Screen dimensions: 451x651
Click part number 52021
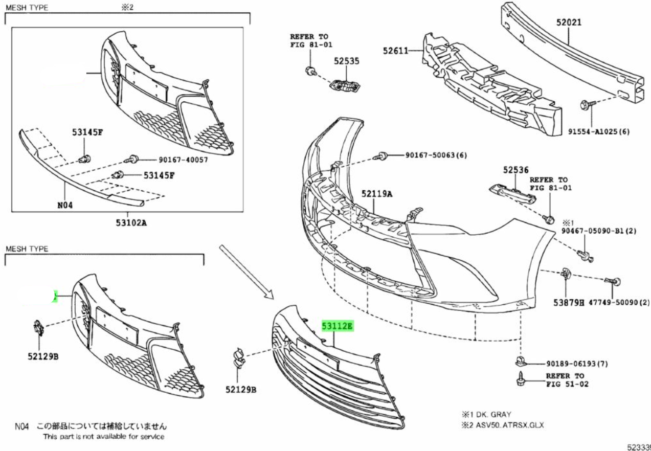[569, 23]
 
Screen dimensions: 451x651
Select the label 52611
[395, 50]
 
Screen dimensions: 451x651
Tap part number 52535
[347, 60]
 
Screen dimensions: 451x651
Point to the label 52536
[515, 170]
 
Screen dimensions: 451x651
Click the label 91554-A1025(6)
[599, 131]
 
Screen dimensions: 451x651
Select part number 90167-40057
[176, 160]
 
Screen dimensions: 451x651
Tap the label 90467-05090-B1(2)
[599, 231]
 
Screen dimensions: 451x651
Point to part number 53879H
[568, 303]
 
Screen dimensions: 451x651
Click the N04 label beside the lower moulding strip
[65, 206]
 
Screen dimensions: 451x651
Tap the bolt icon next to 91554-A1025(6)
[586, 106]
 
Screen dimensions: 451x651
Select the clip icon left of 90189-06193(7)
[521, 363]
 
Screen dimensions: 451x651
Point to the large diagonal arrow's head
[269, 295]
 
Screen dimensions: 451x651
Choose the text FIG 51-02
[567, 384]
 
